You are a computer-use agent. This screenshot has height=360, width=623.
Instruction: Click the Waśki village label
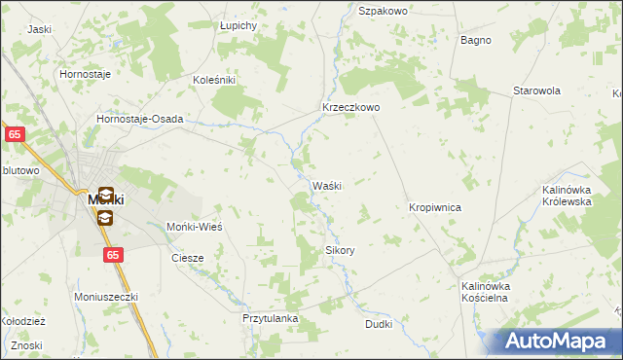tap(325, 186)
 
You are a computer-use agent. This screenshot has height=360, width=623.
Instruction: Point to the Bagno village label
tap(475, 41)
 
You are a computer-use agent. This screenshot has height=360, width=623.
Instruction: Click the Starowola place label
tap(537, 90)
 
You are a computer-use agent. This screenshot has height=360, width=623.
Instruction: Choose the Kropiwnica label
tap(434, 208)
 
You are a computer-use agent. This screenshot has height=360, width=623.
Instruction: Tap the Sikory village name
tap(339, 250)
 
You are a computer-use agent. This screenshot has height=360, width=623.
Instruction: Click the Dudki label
tap(380, 324)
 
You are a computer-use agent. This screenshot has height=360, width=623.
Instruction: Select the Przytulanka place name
tap(270, 318)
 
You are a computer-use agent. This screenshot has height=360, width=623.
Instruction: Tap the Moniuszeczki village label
tap(107, 296)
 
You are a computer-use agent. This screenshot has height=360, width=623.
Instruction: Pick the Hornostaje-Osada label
tap(140, 119)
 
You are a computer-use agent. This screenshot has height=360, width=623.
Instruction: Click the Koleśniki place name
tap(215, 81)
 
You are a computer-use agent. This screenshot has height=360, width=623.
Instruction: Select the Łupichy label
tap(238, 24)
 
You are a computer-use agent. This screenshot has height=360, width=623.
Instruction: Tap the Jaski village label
tap(40, 29)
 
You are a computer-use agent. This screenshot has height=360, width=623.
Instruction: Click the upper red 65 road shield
tap(14, 135)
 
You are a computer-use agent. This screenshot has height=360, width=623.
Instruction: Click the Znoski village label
tap(27, 346)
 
